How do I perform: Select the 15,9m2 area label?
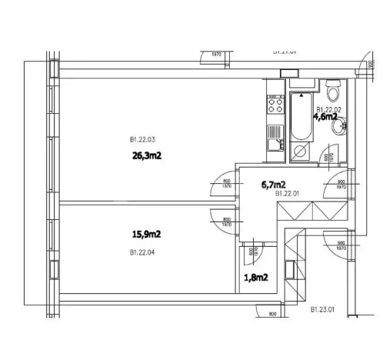click(x=145, y=235)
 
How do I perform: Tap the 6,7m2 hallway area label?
click(x=274, y=184)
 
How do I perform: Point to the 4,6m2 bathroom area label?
click(x=325, y=117)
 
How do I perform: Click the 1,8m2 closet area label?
click(x=255, y=277)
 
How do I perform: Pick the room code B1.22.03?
click(x=142, y=139)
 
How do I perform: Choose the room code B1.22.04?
click(x=144, y=251)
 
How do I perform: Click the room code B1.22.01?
click(x=275, y=195)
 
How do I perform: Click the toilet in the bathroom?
click(x=332, y=94)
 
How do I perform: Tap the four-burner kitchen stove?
click(x=275, y=104)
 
